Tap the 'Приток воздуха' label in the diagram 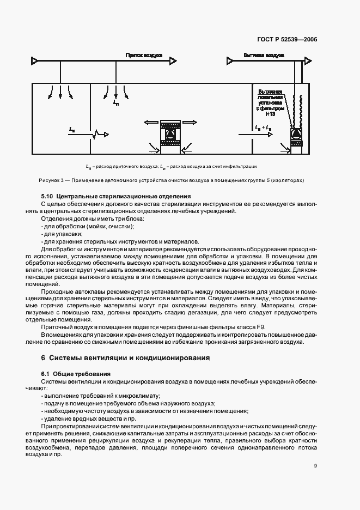pyautogui.click(x=141, y=56)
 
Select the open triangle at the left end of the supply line pyautogui.click(x=35, y=60)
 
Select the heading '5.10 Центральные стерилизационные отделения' pyautogui.click(x=116, y=196)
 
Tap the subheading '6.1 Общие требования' pyautogui.click(x=76, y=374)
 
